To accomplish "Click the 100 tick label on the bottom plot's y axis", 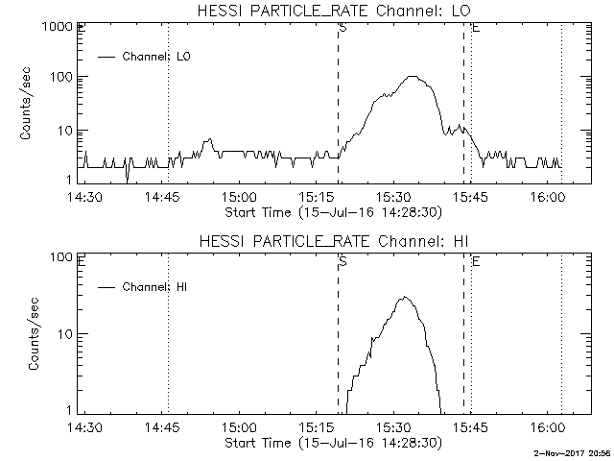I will click(61, 257).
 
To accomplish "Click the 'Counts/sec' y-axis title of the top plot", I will click(27, 104).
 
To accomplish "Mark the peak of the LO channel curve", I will click(413, 76).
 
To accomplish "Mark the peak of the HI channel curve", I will click(406, 297).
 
